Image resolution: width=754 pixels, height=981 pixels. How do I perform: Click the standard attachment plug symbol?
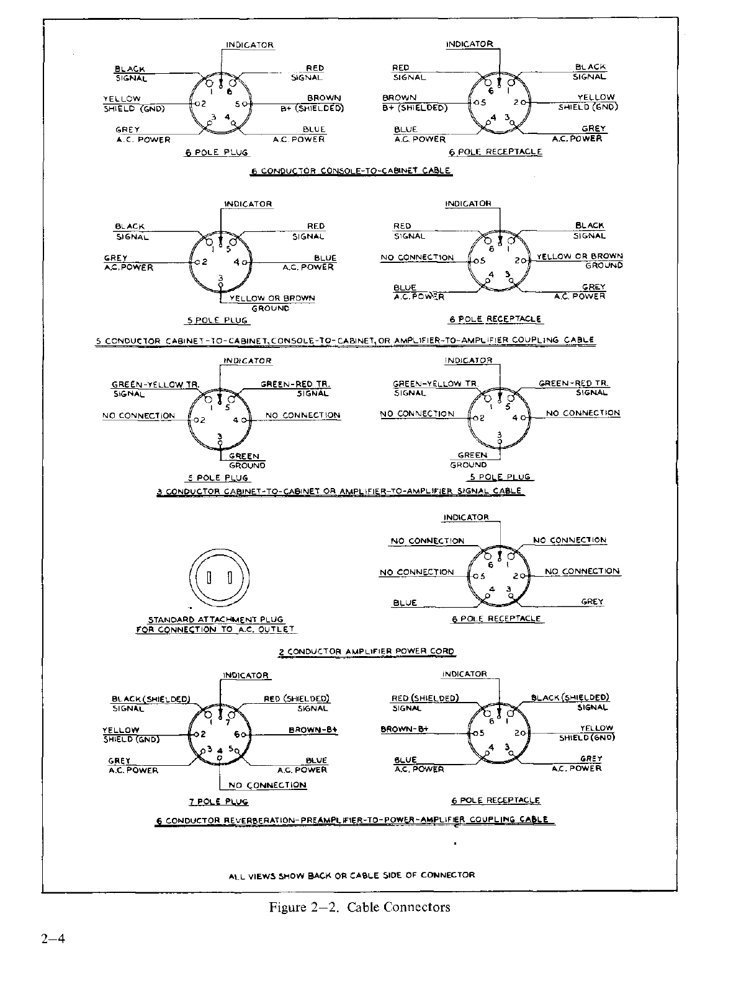click(x=220, y=578)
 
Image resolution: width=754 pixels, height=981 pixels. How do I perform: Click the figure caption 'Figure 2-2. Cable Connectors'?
click(x=359, y=907)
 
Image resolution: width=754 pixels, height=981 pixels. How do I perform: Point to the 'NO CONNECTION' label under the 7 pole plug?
click(x=267, y=785)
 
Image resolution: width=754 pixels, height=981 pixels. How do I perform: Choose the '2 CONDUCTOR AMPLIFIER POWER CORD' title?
click(x=366, y=652)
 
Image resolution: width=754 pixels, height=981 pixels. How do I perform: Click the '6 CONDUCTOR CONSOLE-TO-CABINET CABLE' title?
click(x=351, y=171)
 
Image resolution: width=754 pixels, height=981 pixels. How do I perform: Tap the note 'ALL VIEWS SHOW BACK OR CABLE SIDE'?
click(x=351, y=875)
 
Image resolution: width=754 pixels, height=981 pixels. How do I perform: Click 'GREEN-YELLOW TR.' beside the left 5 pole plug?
click(x=155, y=384)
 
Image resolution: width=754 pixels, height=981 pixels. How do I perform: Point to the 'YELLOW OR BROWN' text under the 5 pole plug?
click(x=272, y=298)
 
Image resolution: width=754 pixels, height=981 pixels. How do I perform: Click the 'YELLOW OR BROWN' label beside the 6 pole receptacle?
click(x=580, y=256)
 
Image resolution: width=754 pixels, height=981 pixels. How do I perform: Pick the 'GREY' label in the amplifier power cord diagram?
click(x=592, y=601)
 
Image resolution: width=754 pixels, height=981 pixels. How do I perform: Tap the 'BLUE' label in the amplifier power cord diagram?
click(x=405, y=603)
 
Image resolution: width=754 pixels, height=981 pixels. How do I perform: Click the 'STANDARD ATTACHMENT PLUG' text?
click(x=215, y=619)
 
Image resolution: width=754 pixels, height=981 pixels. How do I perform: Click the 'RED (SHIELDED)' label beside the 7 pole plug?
click(x=297, y=699)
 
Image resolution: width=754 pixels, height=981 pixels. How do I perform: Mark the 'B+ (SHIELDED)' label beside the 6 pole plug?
click(x=311, y=108)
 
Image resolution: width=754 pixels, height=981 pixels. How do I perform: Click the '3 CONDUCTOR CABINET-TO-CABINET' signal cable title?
click(x=339, y=491)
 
